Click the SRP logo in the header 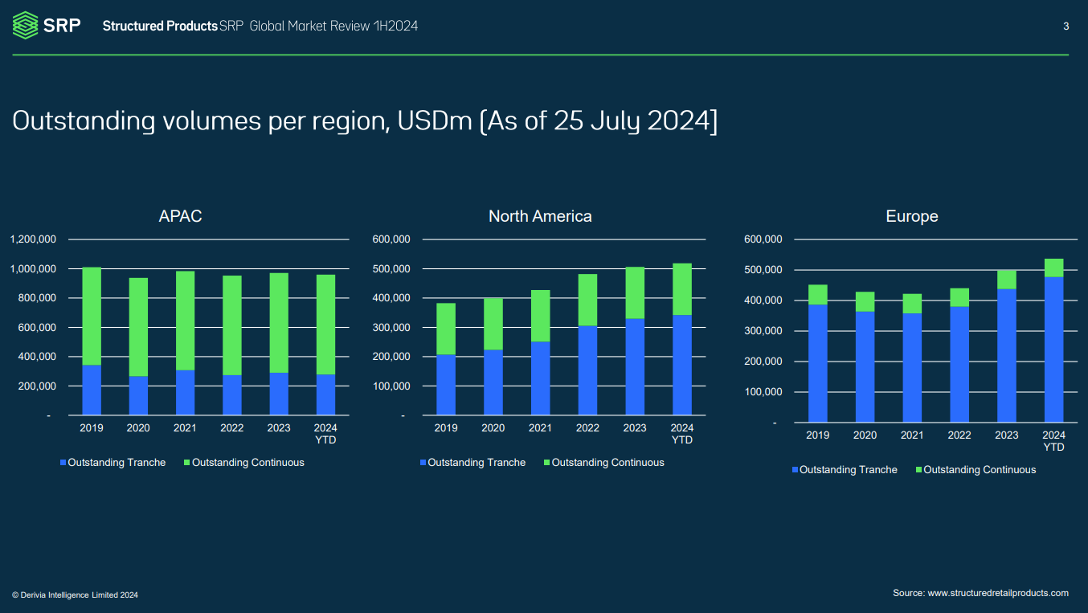(46, 25)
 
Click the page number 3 (1066, 27)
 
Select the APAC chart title (180, 216)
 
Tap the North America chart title (540, 216)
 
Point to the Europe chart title (911, 217)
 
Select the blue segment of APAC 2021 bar (185, 393)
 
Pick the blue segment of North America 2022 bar (587, 370)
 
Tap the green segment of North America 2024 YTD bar (681, 288)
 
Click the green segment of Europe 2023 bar (1006, 280)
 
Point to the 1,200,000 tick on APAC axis (33, 239)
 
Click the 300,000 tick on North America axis (391, 328)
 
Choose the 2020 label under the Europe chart (865, 435)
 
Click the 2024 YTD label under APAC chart (325, 433)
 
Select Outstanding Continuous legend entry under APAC (244, 463)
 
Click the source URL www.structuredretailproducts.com (998, 593)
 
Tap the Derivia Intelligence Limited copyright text (75, 595)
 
